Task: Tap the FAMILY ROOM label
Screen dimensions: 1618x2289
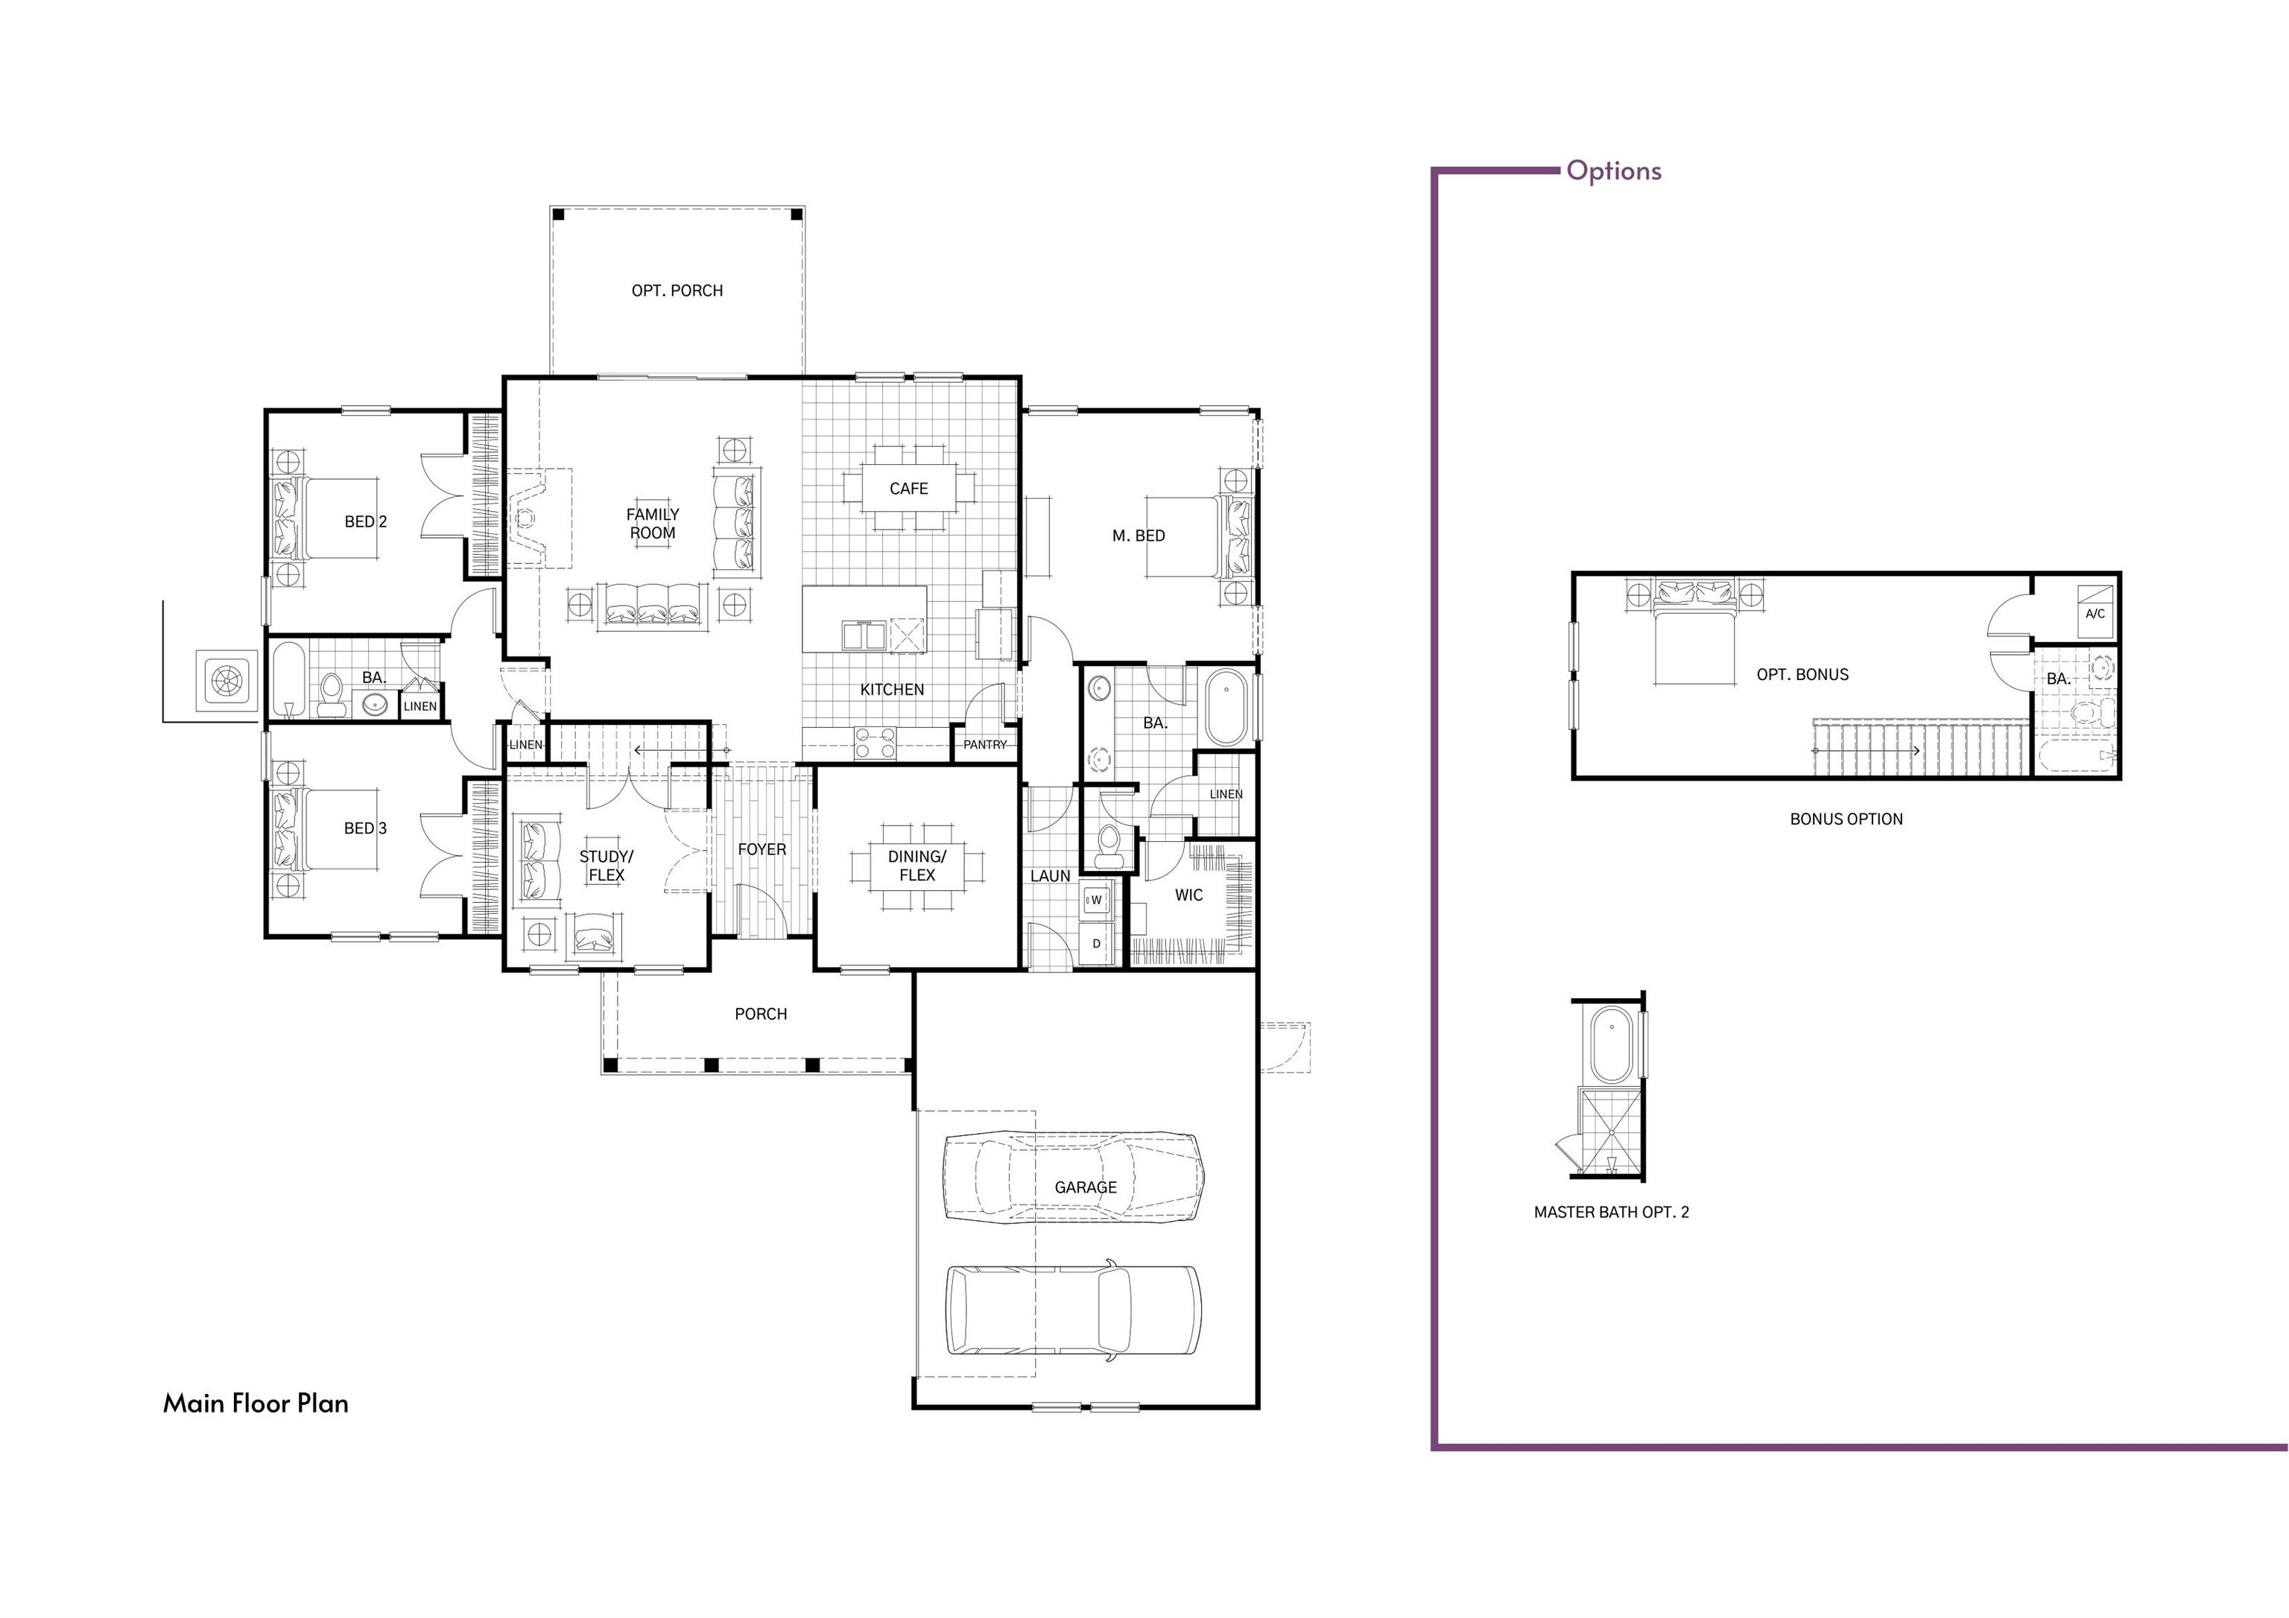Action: coord(652,524)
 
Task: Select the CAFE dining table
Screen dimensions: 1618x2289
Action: coord(908,489)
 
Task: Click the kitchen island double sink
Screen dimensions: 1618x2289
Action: coord(864,635)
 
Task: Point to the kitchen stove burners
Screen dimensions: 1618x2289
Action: coord(876,743)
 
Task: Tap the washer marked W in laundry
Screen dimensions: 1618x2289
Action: coord(1095,900)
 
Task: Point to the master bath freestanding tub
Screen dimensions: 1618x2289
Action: coord(1225,708)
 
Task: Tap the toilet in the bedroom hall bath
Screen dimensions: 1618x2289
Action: coord(331,695)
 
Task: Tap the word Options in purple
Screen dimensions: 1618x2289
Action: coord(1613,171)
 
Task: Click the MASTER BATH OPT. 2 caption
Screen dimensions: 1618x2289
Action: coord(1611,1212)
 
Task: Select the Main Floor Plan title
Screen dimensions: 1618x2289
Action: coord(256,1403)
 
